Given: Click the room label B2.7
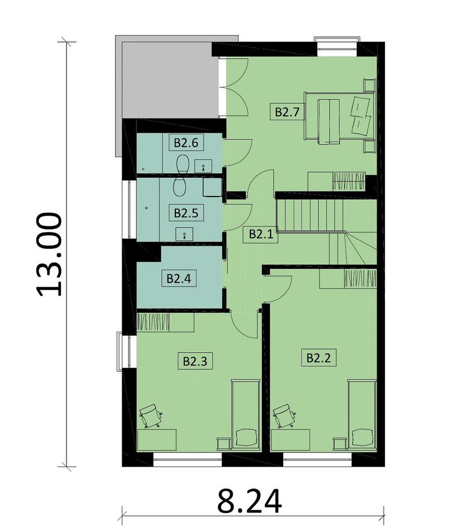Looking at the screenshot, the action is pyautogui.click(x=287, y=112).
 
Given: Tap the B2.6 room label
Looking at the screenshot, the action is pyautogui.click(x=186, y=142).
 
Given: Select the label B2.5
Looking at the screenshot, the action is pyautogui.click(x=186, y=213).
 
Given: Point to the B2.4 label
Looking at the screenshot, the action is pyautogui.click(x=179, y=278).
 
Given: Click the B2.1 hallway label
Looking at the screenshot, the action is pyautogui.click(x=261, y=234).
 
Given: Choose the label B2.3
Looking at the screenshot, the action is pyautogui.click(x=195, y=361).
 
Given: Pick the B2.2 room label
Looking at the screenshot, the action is pyautogui.click(x=319, y=358).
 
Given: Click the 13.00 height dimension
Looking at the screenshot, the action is pyautogui.click(x=49, y=254).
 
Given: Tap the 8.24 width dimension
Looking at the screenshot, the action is pyautogui.click(x=250, y=501).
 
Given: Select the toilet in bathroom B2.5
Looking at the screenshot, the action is pyautogui.click(x=179, y=186).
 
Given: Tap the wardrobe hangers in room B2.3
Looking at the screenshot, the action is pyautogui.click(x=153, y=322).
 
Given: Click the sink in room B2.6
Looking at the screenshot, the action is pyautogui.click(x=203, y=166).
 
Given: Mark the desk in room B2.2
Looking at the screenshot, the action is pyautogui.click(x=291, y=440).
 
